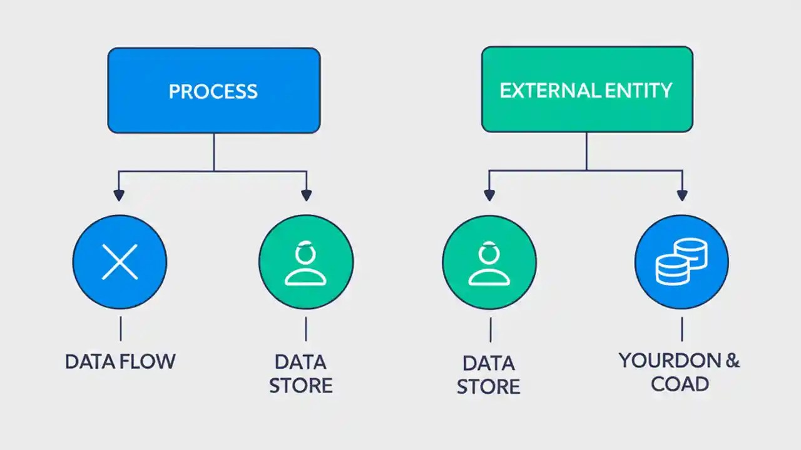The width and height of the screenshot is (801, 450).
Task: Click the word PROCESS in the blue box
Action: click(x=213, y=91)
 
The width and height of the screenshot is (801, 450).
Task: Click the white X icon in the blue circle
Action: click(x=120, y=261)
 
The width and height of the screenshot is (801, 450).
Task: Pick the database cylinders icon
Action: click(x=681, y=261)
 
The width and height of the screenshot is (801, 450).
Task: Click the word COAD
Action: click(x=680, y=383)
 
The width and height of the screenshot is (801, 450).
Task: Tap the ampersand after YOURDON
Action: click(x=732, y=361)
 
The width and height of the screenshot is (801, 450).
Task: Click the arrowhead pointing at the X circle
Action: click(x=120, y=195)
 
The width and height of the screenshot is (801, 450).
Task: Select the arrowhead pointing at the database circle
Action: click(x=682, y=195)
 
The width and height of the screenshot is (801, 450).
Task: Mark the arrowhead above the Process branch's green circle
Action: click(x=306, y=195)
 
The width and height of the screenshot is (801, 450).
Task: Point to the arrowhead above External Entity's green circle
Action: click(x=489, y=195)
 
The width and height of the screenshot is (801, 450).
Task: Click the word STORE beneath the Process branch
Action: click(x=301, y=385)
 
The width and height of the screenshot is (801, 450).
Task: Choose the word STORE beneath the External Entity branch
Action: click(x=489, y=386)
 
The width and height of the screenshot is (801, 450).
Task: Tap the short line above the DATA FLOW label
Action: click(x=120, y=329)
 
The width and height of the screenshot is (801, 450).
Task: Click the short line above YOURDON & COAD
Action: click(x=681, y=329)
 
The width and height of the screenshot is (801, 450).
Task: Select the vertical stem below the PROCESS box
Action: click(x=214, y=151)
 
